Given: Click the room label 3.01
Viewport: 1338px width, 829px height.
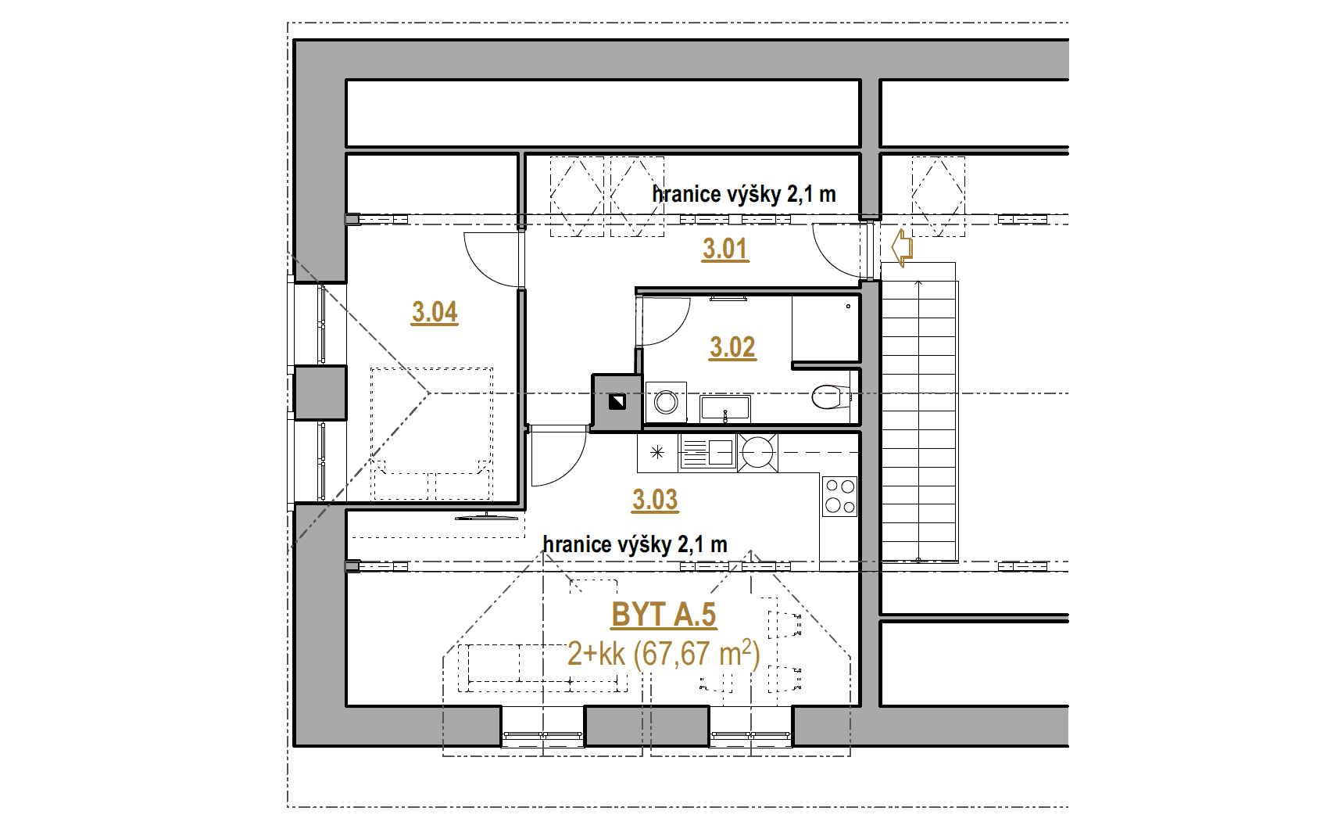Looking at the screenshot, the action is pos(724,249).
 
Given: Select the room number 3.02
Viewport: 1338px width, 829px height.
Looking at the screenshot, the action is pos(732,347).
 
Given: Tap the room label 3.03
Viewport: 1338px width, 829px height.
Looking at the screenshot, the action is pos(655,500).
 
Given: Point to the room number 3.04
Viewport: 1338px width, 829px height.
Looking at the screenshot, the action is pos(435,313).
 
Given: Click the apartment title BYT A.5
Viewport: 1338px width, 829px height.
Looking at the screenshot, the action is pos(664,615).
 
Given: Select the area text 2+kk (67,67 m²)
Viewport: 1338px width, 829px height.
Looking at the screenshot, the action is pos(664,653).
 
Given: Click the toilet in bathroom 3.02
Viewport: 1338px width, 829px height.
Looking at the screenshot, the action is pos(831,397).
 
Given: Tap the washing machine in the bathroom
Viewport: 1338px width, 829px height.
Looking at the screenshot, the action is pos(666,402).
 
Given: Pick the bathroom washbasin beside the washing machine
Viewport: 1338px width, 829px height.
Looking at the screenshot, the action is pos(725,408).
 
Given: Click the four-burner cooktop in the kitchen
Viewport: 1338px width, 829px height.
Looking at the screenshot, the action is pos(839,496).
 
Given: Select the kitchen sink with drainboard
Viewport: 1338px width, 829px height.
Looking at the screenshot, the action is pos(708,453).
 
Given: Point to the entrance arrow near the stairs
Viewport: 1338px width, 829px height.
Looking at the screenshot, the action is pos(902,247).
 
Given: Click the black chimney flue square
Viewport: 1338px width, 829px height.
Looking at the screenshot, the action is pos(617,402).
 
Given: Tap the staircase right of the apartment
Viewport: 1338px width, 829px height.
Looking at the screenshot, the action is pos(919,412).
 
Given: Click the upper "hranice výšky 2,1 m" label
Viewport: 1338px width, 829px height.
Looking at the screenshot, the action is pos(744,194).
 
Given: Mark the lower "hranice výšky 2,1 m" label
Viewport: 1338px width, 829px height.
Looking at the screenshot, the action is pos(635,544).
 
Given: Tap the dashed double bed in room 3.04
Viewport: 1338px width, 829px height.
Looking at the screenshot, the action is pos(432,434).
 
